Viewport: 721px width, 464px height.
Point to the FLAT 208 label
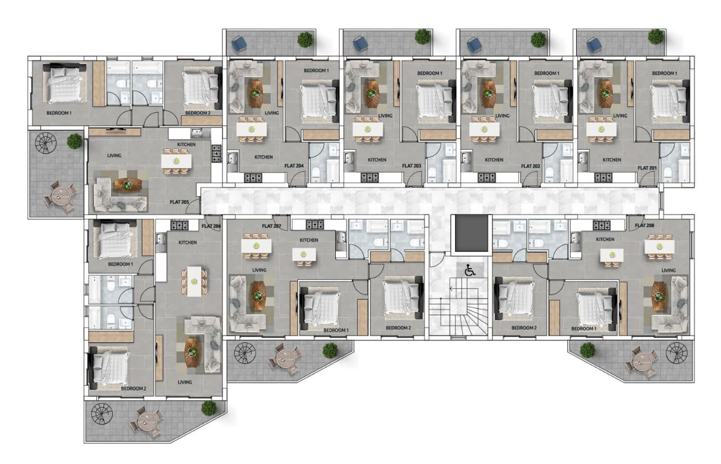pos(645,226)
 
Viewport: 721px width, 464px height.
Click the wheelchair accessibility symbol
pos(470,270)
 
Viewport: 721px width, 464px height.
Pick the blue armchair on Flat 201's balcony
pos(591,43)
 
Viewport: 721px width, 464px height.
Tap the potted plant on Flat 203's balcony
pos(422,37)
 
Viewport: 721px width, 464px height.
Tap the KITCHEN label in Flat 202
pos(494,160)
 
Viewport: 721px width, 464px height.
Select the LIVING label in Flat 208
pos(669,271)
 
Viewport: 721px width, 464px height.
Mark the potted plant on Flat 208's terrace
pos(588,350)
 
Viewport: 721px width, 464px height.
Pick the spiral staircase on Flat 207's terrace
pos(244,353)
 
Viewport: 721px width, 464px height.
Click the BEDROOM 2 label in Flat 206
pos(133,389)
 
